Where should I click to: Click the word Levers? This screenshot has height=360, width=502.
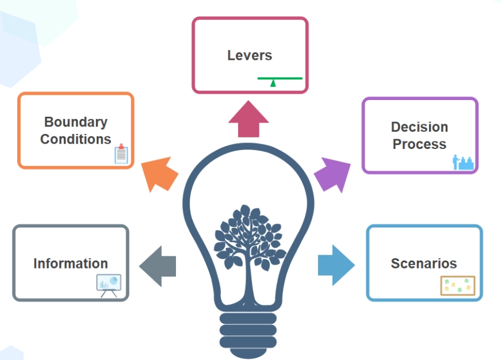pos(250,56)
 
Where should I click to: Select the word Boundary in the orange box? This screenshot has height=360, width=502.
pos(76,122)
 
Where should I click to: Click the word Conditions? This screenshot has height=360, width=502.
pos(76,139)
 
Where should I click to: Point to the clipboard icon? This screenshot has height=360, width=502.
pos(121,154)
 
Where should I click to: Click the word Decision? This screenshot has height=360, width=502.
pos(419,127)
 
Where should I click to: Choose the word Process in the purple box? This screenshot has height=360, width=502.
pos(419,144)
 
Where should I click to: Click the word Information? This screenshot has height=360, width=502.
pos(71,263)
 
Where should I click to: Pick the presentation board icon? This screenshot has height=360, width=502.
pos(109,285)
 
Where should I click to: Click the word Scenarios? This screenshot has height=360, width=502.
pos(424,263)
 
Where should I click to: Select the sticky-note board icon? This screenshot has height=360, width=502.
pos(458,286)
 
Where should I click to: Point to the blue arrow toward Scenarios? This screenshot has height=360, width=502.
pos(336,265)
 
